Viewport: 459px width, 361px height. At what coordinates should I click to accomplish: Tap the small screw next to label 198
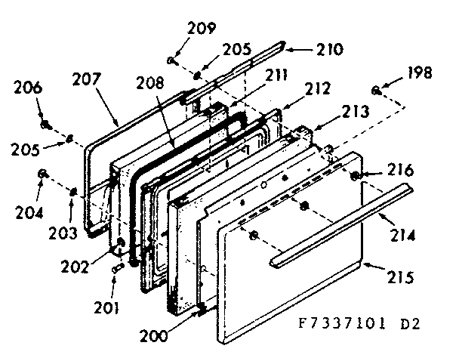376,91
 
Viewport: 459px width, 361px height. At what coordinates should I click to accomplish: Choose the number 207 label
88,79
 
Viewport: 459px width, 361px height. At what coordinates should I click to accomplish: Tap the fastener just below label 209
172,59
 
